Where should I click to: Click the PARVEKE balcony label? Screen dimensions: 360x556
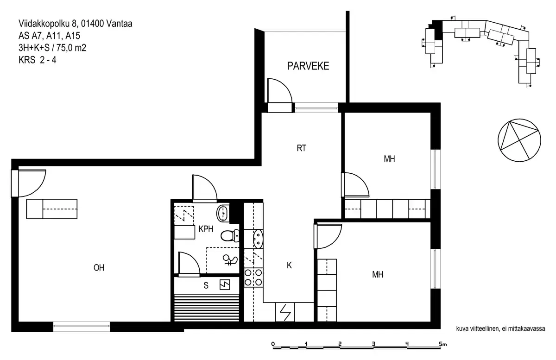308,66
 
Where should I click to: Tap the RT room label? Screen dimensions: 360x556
302,149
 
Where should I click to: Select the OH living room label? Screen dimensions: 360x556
98,267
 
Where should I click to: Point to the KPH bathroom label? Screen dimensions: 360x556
206,228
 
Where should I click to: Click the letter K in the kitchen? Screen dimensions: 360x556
289,265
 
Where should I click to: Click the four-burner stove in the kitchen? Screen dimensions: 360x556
253,277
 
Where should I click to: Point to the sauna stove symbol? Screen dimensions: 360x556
225,285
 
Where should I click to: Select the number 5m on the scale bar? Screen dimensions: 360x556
442,344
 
